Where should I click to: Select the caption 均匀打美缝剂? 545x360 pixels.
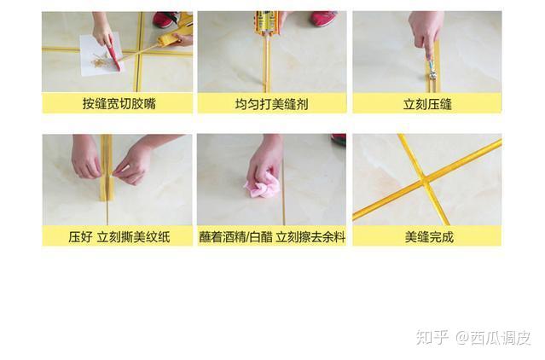[x=272, y=104]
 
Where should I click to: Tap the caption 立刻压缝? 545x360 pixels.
[x=426, y=104]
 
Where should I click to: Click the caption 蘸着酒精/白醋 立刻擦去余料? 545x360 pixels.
[x=272, y=236]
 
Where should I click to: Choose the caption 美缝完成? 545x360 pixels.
[x=426, y=236]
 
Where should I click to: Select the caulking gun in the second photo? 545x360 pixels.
[x=267, y=26]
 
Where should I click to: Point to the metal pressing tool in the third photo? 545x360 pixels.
[x=432, y=72]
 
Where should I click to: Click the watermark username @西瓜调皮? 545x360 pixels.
[x=492, y=337]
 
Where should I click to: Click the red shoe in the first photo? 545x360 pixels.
[x=165, y=19]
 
